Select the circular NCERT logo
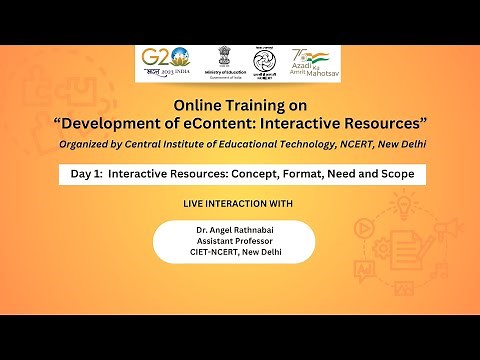click(263, 62)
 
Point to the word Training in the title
click(257, 104)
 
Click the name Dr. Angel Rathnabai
click(235, 230)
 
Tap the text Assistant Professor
click(235, 241)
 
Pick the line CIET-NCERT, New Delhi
click(235, 252)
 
